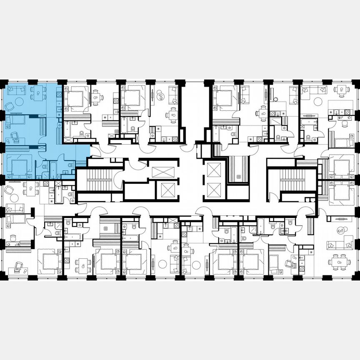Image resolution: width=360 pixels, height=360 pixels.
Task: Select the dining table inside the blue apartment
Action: click(x=38, y=93)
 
